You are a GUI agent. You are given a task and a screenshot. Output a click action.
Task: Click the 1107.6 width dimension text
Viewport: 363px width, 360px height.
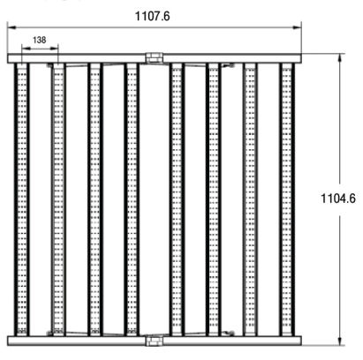(152, 16)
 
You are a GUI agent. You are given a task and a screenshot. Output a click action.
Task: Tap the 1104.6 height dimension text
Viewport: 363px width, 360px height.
(338, 199)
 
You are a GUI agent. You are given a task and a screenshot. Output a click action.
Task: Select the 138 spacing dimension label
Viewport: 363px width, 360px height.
(40, 40)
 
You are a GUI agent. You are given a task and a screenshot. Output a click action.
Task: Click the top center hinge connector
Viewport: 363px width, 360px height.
(155, 57)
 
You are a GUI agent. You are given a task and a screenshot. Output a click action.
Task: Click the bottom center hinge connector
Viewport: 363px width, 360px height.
(155, 341)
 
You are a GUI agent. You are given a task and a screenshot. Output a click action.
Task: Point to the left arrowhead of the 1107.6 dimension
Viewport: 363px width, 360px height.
(11, 27)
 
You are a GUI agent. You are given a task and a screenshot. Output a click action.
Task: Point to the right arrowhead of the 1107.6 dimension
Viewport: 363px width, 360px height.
(297, 27)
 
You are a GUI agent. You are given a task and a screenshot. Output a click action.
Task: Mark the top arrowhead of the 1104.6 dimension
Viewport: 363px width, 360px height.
(340, 57)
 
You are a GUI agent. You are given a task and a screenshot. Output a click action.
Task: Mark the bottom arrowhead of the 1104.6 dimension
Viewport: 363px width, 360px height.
(340, 341)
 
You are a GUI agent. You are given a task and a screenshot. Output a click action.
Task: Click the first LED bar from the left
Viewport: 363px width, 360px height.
(22, 199)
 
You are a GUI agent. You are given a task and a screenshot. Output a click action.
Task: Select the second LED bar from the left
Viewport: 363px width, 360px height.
(58, 199)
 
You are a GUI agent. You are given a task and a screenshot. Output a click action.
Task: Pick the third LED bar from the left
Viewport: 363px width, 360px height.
(95, 199)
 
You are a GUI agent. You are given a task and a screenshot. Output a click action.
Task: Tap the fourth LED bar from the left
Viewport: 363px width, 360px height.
(132, 199)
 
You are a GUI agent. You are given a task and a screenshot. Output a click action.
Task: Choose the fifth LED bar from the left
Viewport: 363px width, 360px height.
(177, 199)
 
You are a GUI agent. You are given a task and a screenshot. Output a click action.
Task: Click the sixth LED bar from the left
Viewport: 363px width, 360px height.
(214, 199)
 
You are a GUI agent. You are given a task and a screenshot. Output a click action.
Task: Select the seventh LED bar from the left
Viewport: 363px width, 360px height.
(250, 199)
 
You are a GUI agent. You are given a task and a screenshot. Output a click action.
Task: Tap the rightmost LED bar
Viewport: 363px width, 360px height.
(287, 199)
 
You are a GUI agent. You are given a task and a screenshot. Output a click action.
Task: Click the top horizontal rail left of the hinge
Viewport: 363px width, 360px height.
(77, 58)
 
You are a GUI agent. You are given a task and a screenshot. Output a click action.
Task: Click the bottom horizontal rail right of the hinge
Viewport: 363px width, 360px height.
(232, 341)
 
